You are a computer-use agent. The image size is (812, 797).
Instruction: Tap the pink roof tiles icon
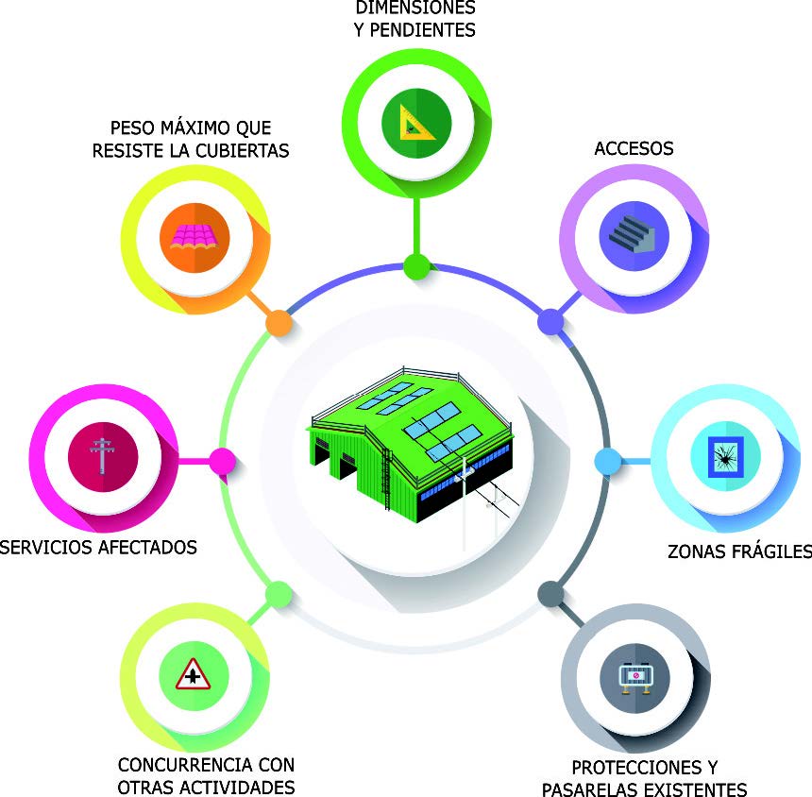(x=194, y=237)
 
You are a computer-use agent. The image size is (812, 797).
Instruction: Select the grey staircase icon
(x=632, y=234)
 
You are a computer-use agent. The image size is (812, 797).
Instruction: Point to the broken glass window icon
(x=725, y=456)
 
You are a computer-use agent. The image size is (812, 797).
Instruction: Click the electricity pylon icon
(x=102, y=456)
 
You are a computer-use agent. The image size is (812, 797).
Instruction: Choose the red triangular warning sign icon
(x=193, y=674)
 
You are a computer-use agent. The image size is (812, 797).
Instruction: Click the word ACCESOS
(x=634, y=148)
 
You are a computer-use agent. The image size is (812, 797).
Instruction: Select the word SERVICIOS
(x=45, y=547)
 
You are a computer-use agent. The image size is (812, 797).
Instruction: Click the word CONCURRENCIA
(x=186, y=764)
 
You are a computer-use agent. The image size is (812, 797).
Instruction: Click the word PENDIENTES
(x=423, y=30)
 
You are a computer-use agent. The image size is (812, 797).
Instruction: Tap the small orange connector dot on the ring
(x=279, y=323)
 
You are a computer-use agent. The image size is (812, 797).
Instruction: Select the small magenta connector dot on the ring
(x=222, y=461)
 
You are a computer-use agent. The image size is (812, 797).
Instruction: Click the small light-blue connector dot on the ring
(x=608, y=461)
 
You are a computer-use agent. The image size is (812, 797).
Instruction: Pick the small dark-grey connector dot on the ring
(x=551, y=593)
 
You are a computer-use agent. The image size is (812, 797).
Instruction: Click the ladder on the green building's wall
(x=386, y=479)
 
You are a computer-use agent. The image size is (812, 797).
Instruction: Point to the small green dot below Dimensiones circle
(x=417, y=266)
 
